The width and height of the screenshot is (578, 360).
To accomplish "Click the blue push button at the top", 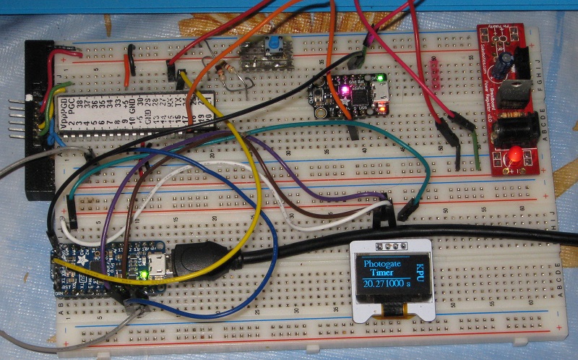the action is pos(276,48).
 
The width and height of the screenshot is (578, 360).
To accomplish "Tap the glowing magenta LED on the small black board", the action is pos(344,92).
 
